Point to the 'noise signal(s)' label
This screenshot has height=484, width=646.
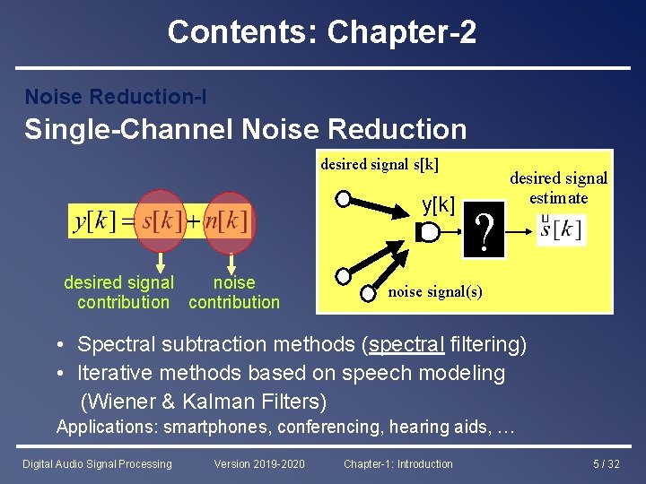435,292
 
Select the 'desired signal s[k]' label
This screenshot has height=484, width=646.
380,164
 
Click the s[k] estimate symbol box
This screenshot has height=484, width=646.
561,229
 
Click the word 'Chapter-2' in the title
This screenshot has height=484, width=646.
402,32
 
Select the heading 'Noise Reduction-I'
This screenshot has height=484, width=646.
116,96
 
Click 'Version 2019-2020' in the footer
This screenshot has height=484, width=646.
259,463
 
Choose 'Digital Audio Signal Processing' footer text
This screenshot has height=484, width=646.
97,463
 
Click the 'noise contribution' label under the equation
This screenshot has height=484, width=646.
234,292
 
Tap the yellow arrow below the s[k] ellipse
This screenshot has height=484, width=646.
161,263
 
